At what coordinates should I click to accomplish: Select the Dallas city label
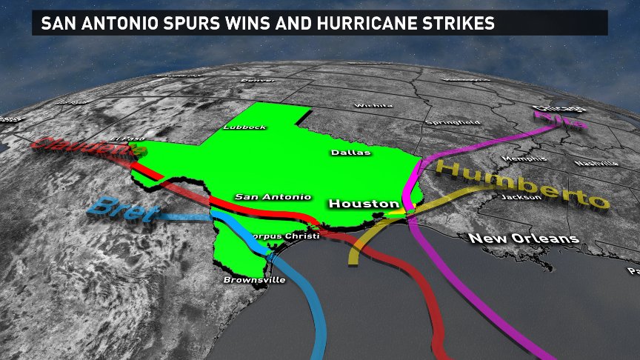coord(350,153)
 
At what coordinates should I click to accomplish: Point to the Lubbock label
coord(244,127)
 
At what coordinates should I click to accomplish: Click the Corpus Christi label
coord(285,236)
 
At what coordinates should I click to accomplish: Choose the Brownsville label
coord(254,280)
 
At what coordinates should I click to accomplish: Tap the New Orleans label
coord(523,239)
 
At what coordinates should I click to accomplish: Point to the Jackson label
coord(516,197)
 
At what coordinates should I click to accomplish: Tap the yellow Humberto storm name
coord(521,184)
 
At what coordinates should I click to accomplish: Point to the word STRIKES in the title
coord(456,24)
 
